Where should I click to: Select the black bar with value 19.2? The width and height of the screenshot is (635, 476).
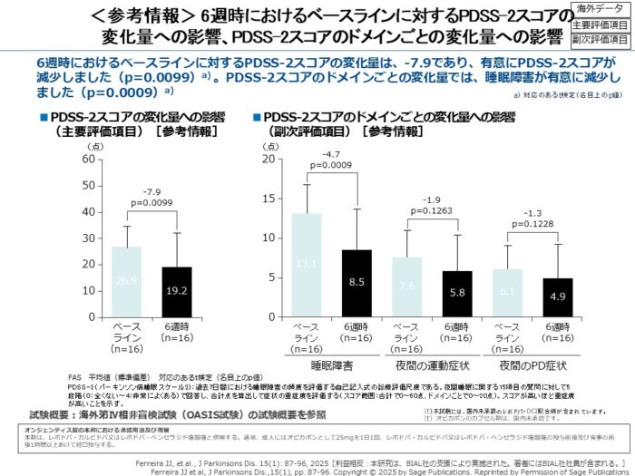pyautogui.click(x=177, y=290)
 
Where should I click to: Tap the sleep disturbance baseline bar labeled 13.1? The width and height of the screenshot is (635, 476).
pyautogui.click(x=307, y=263)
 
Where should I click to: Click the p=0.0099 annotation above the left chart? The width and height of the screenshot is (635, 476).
pyautogui.click(x=151, y=203)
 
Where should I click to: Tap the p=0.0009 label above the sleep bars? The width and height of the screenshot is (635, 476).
pyautogui.click(x=331, y=166)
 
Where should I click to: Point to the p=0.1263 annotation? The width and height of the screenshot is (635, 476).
pyautogui.click(x=432, y=211)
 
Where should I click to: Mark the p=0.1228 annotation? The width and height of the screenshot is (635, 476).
pyautogui.click(x=532, y=224)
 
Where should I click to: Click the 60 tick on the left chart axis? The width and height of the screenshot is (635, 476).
pyautogui.click(x=89, y=159)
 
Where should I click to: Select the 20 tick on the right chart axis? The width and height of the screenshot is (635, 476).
pyautogui.click(x=269, y=159)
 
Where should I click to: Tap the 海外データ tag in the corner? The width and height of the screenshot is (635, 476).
pyautogui.click(x=602, y=8)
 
